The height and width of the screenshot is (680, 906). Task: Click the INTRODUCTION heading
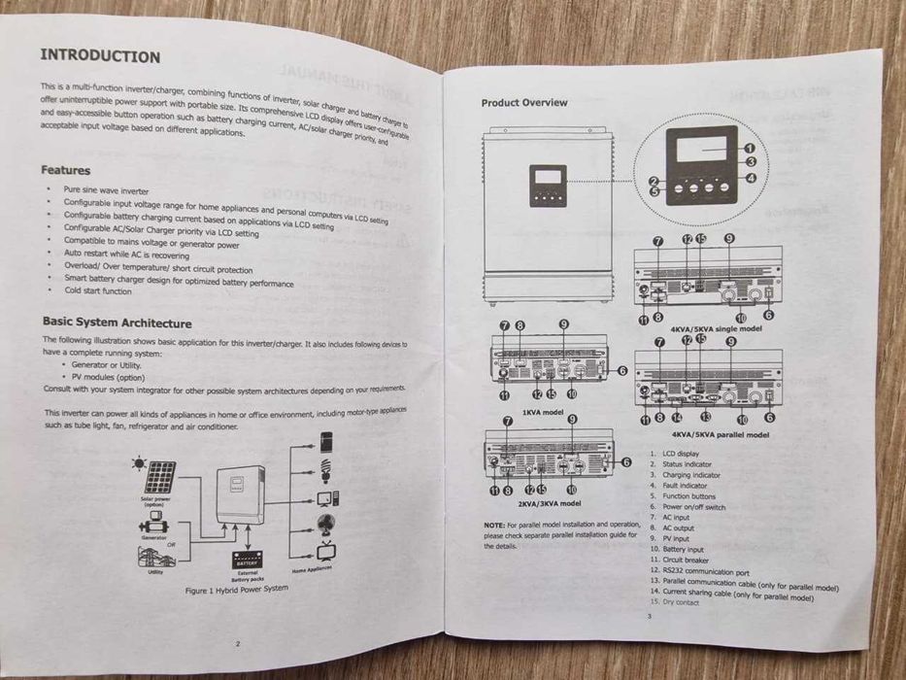100,56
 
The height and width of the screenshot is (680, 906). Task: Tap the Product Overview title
524,103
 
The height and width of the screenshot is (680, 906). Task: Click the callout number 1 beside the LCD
750,149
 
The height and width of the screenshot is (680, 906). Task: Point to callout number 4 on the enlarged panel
750,178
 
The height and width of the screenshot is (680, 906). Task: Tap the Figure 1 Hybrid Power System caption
236,589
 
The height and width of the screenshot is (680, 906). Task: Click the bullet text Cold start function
98,291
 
